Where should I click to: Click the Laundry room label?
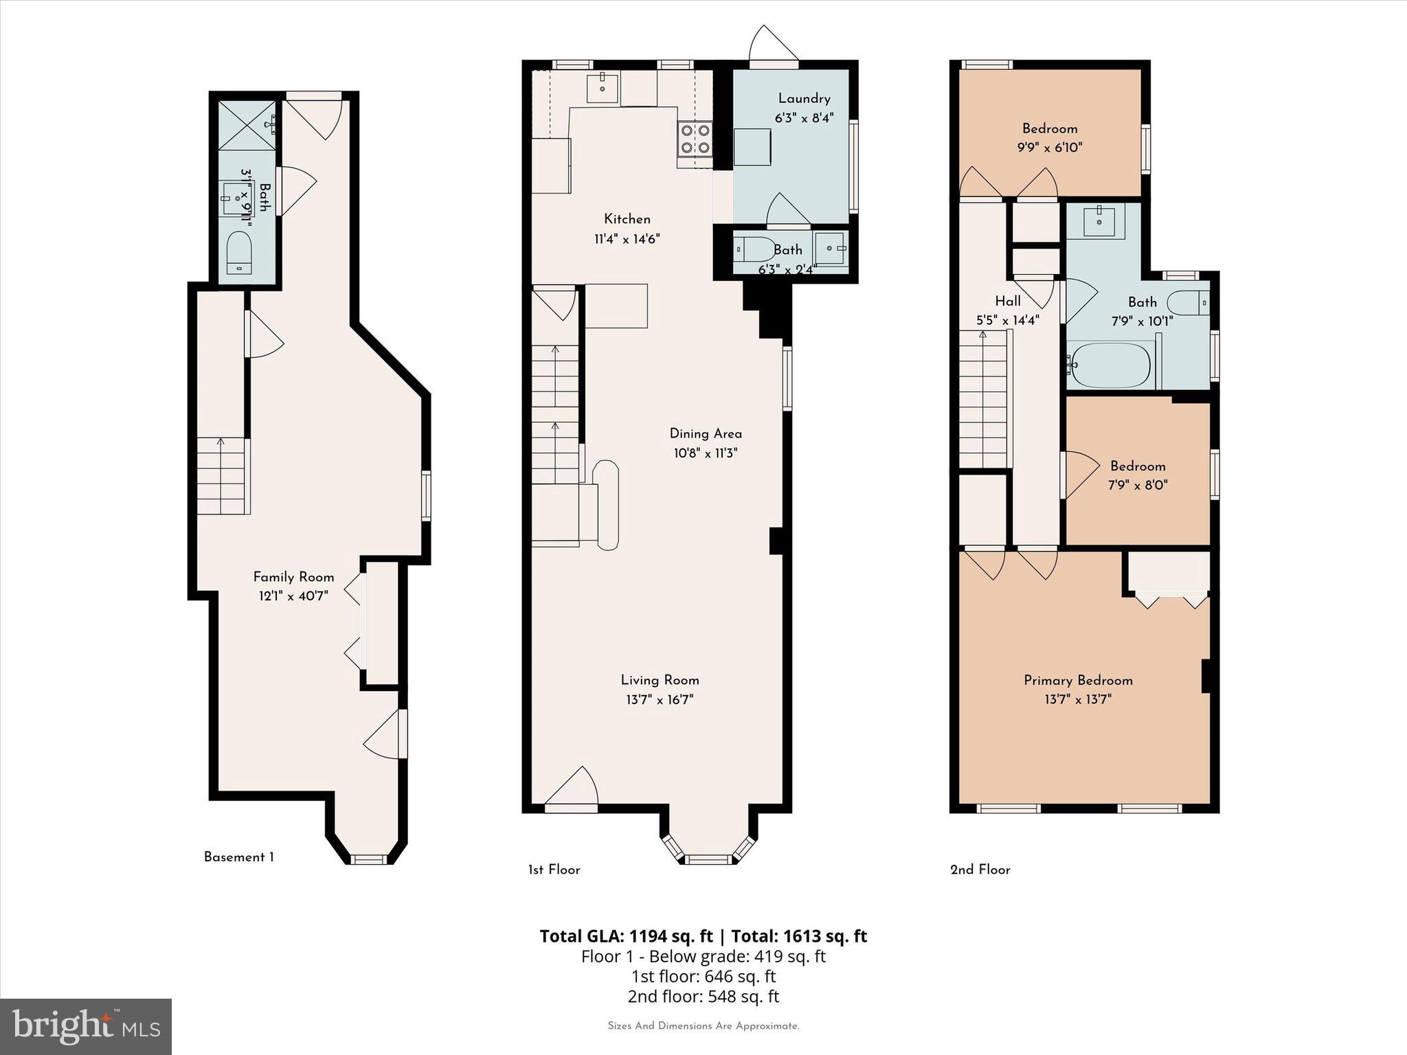tap(804, 98)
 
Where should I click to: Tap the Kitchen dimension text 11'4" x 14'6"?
tap(627, 239)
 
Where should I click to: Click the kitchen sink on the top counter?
tap(603, 87)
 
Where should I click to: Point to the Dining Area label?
tap(706, 433)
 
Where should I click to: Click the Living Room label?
tap(660, 680)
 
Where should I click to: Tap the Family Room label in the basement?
tap(293, 577)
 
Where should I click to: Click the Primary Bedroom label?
tap(1078, 680)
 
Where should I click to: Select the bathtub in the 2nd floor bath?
tap(1110, 365)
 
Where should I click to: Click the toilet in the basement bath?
tap(239, 252)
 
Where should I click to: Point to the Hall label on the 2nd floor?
tap(1008, 301)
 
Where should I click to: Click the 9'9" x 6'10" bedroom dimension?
tap(1049, 147)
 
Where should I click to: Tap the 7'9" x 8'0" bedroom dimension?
tap(1137, 485)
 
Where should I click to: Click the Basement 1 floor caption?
tap(238, 857)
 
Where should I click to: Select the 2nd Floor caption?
tap(980, 870)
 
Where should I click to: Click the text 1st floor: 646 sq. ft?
tap(703, 976)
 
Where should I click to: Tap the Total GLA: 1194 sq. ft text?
tap(626, 936)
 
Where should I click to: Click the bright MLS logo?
tap(86, 1027)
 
